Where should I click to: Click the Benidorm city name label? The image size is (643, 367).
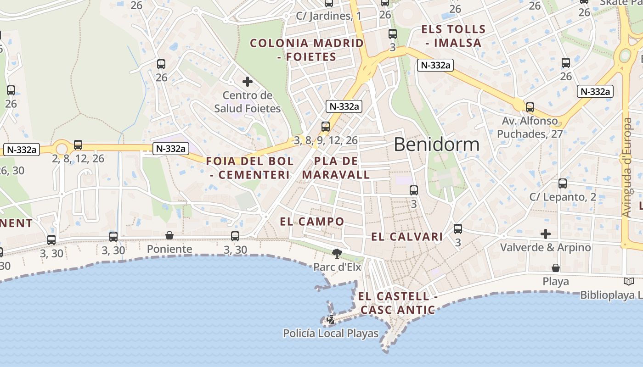[x=436, y=145]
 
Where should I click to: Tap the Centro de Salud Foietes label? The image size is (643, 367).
[x=247, y=102]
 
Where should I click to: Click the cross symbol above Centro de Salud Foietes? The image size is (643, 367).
[x=248, y=82]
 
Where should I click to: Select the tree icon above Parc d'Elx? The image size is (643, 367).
[x=337, y=253]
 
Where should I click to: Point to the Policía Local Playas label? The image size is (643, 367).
[x=331, y=334]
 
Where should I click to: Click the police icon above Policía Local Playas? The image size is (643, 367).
[x=330, y=319]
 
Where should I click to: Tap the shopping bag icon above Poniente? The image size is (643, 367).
[x=169, y=235]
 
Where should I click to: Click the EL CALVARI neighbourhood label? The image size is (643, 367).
[x=407, y=237]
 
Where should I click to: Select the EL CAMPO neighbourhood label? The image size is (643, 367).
[x=312, y=222]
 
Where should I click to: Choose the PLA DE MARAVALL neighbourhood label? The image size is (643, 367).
[x=336, y=168]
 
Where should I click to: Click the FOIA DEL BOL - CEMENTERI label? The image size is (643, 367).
[x=250, y=168]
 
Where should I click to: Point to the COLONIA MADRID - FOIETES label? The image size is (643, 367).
[x=307, y=50]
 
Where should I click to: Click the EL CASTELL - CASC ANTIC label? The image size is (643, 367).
[x=398, y=303]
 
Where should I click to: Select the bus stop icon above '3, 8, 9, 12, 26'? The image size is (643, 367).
[x=326, y=126]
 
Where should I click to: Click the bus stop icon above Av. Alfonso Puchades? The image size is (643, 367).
[x=530, y=107]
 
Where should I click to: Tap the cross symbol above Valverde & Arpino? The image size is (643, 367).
[x=545, y=234]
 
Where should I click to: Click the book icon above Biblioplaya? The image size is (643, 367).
[x=629, y=281]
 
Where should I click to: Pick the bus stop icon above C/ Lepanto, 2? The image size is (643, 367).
[x=563, y=183]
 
